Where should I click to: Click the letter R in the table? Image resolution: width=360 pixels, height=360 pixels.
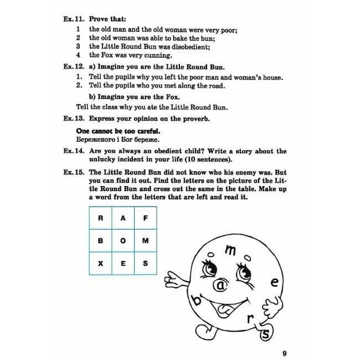pos(101,218)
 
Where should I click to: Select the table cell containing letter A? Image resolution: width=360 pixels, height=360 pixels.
pos(123,218)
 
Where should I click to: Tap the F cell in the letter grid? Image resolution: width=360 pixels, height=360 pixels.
pos(145,218)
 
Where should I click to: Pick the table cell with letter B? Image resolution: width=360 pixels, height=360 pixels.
pos(101,241)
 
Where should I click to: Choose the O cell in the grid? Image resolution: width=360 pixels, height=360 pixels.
pos(123,241)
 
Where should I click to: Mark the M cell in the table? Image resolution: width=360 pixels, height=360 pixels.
pos(145,241)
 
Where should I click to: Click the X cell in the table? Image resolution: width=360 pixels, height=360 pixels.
pos(101,264)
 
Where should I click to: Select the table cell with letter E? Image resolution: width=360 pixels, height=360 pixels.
pos(123,264)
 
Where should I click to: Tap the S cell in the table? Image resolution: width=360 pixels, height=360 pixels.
pos(145,264)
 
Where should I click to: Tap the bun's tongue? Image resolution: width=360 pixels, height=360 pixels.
pos(224,308)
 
